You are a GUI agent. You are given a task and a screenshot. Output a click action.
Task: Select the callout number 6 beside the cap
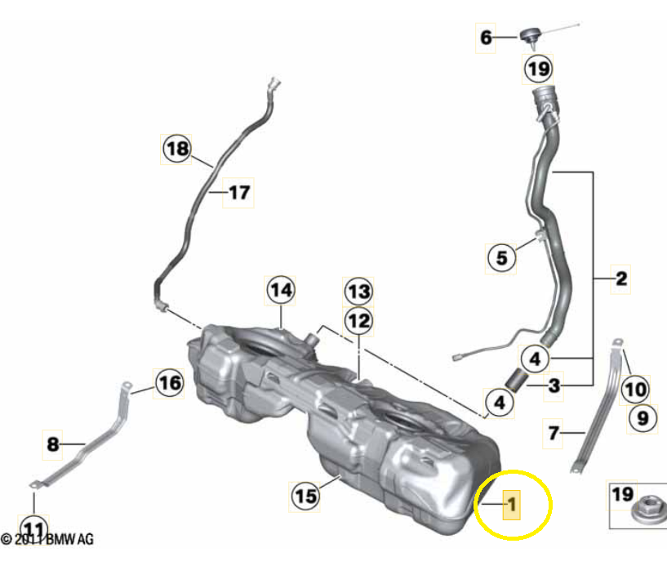tap(487, 38)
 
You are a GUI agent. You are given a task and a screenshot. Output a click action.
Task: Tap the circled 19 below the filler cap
tap(539, 69)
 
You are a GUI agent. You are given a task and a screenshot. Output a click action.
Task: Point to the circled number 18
tap(176, 149)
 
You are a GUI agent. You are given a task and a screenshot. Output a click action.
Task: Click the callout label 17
tap(238, 194)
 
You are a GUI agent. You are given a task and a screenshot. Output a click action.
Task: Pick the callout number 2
tap(621, 279)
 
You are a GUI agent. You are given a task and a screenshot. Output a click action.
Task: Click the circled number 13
tap(358, 291)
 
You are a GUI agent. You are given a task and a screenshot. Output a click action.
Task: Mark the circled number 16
tap(169, 382)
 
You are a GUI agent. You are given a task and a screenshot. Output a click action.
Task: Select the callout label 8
tap(53, 445)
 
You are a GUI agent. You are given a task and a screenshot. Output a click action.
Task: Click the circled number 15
tap(305, 495)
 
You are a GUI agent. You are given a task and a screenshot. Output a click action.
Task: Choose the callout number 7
tap(554, 433)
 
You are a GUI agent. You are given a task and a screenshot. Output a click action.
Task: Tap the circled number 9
tap(643, 419)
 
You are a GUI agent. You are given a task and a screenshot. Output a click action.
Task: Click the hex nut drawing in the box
tap(638, 515)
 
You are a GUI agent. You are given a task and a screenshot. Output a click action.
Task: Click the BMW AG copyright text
tap(48, 540)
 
